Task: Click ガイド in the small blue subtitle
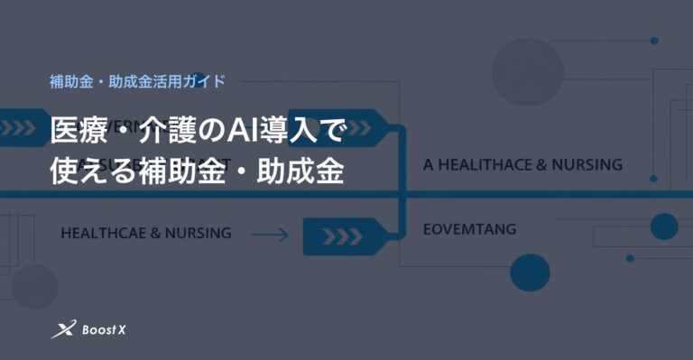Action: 203,80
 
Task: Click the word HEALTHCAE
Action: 100,233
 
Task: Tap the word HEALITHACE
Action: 485,165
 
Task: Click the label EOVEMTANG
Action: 470,229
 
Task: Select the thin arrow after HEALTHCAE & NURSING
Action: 269,235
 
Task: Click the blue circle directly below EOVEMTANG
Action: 530,272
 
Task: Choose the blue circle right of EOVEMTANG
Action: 663,226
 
